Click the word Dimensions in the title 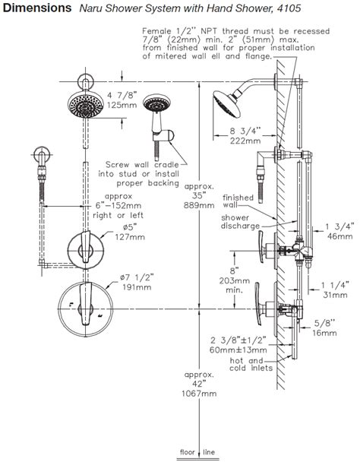[x=35, y=10]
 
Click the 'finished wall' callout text [x=238, y=201]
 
